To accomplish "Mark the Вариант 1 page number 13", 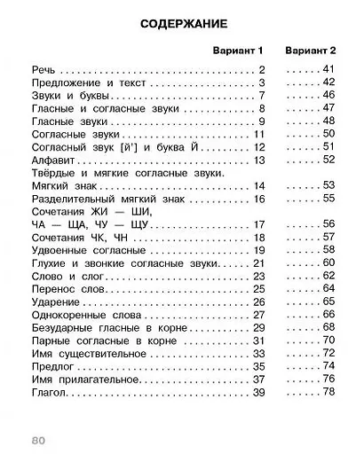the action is tap(259, 160).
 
